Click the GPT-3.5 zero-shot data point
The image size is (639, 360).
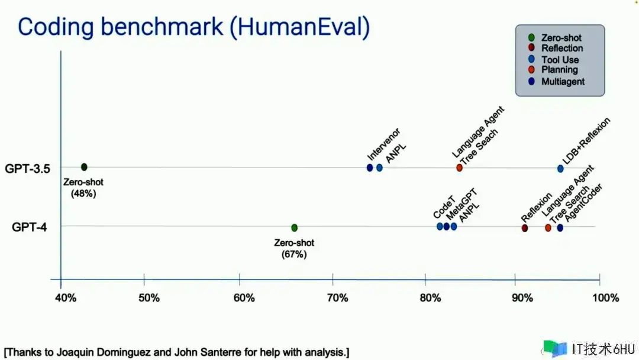click(84, 167)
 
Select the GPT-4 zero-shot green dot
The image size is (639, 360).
click(294, 227)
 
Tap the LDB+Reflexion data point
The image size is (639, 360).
click(560, 168)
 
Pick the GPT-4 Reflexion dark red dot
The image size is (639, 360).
click(524, 228)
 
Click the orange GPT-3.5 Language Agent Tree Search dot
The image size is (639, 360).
click(459, 168)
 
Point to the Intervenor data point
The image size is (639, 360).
click(370, 168)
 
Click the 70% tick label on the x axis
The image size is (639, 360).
click(337, 298)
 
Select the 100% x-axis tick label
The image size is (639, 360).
click(606, 298)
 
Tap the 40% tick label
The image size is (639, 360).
click(66, 298)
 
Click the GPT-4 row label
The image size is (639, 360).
click(30, 227)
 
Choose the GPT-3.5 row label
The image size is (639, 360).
click(27, 168)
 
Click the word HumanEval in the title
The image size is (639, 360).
click(299, 27)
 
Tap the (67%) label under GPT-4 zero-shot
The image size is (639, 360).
click(294, 255)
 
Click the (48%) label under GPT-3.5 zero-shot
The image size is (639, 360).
click(83, 194)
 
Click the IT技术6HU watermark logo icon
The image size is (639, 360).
click(554, 349)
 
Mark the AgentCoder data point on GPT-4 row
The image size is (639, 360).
click(560, 228)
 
